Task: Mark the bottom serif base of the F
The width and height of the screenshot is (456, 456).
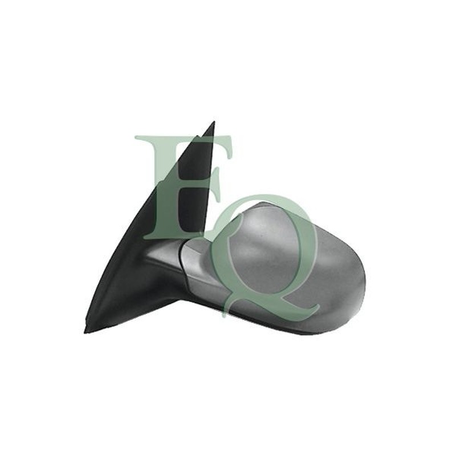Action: [x=169, y=236]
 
